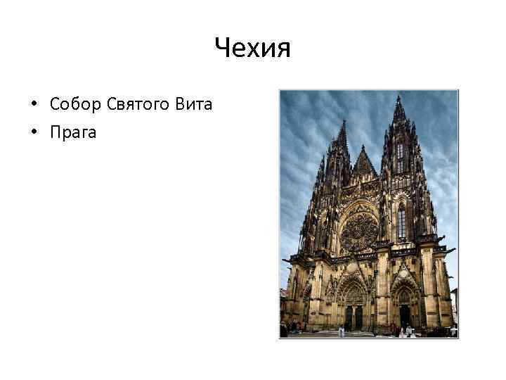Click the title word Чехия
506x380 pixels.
coord(252,49)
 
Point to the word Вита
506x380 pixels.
coord(195,106)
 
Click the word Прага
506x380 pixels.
coord(73,132)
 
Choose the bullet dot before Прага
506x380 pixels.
coord(33,132)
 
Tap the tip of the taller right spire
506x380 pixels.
coord(398,98)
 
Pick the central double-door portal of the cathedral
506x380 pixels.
coord(353,316)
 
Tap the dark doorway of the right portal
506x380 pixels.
coord(405,315)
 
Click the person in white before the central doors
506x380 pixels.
coord(342,331)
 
